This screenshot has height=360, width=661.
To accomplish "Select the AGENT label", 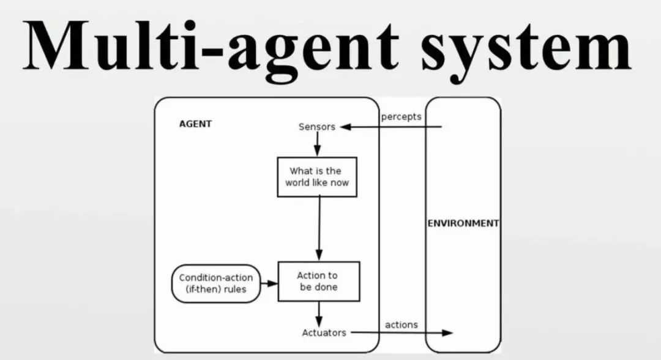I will [x=195, y=124].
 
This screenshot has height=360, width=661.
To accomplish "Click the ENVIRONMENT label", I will [x=463, y=223].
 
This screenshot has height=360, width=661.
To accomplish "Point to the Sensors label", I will [x=316, y=127].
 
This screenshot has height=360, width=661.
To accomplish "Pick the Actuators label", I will [x=324, y=332].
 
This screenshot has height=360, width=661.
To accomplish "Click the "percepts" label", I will [x=401, y=116].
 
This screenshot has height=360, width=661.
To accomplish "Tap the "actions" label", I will [x=401, y=324].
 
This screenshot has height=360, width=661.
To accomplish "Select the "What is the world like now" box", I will [x=317, y=177].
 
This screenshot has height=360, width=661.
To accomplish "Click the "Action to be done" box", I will [x=318, y=281].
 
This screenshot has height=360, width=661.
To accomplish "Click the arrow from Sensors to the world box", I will [x=317, y=144].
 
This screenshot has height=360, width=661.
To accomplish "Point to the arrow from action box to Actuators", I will [x=318, y=313].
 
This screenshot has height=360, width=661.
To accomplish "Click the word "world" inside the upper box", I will [x=299, y=182].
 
